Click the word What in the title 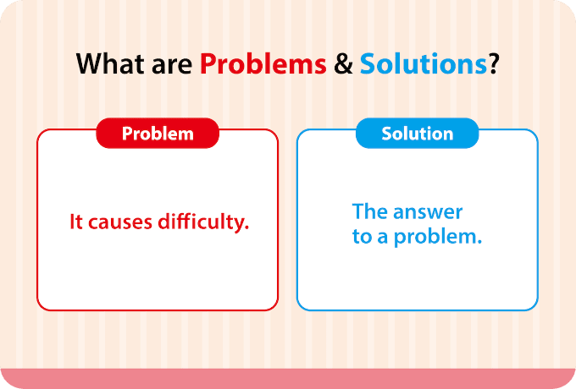pyautogui.click(x=110, y=63)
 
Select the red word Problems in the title pyautogui.click(x=263, y=63)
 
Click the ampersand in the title pyautogui.click(x=343, y=64)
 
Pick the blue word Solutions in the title pyautogui.click(x=424, y=63)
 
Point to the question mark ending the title pyautogui.click(x=493, y=63)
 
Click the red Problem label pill pyautogui.click(x=158, y=133)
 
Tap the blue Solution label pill pyautogui.click(x=418, y=133)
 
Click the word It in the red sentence pyautogui.click(x=75, y=222)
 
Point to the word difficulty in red pyautogui.click(x=201, y=222)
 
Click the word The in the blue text pyautogui.click(x=369, y=211)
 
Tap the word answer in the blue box pyautogui.click(x=428, y=212)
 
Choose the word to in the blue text pyautogui.click(x=362, y=237)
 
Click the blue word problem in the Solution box pyautogui.click(x=435, y=238)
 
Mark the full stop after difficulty pyautogui.click(x=246, y=228)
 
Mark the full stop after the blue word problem pyautogui.click(x=479, y=243)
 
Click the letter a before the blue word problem pyautogui.click(x=383, y=238)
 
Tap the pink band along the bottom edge pyautogui.click(x=288, y=379)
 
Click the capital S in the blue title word pyautogui.click(x=368, y=63)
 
